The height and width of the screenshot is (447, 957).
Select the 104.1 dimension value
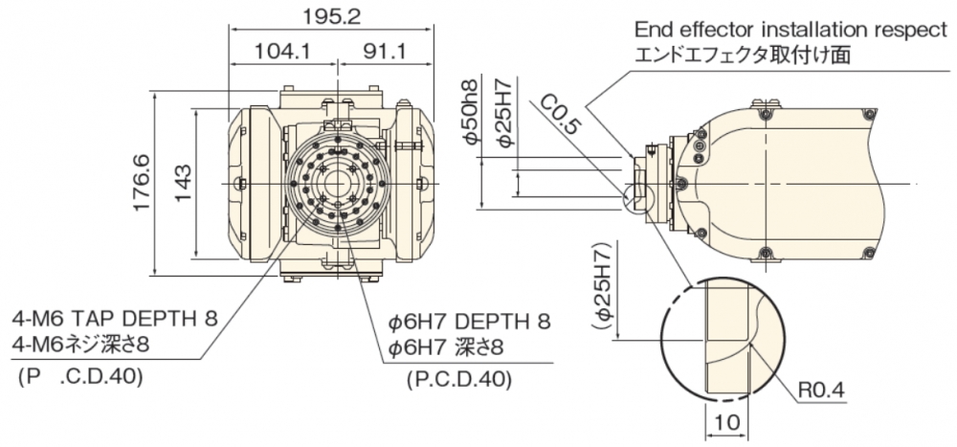282,52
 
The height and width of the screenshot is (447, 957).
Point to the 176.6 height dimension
140,183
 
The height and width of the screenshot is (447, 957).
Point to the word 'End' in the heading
654,31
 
